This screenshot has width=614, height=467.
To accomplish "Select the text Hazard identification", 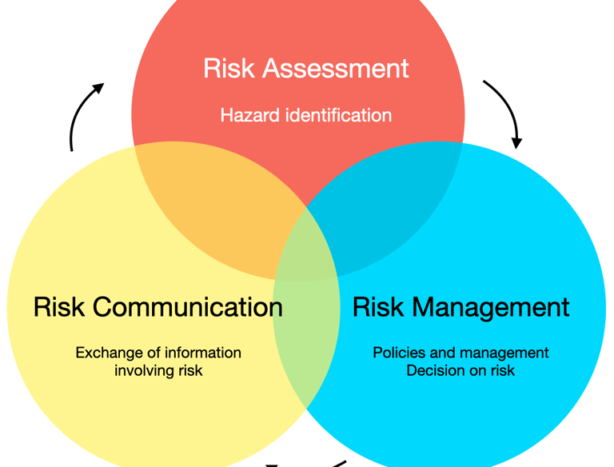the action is [305, 115].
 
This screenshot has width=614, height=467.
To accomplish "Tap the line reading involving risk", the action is [158, 370].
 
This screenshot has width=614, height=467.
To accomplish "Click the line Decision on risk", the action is [460, 370].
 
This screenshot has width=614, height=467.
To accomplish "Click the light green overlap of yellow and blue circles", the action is [308, 336].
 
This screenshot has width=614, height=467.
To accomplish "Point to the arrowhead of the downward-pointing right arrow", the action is [516, 143].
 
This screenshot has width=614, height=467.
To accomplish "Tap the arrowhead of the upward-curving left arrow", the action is [98, 87].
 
